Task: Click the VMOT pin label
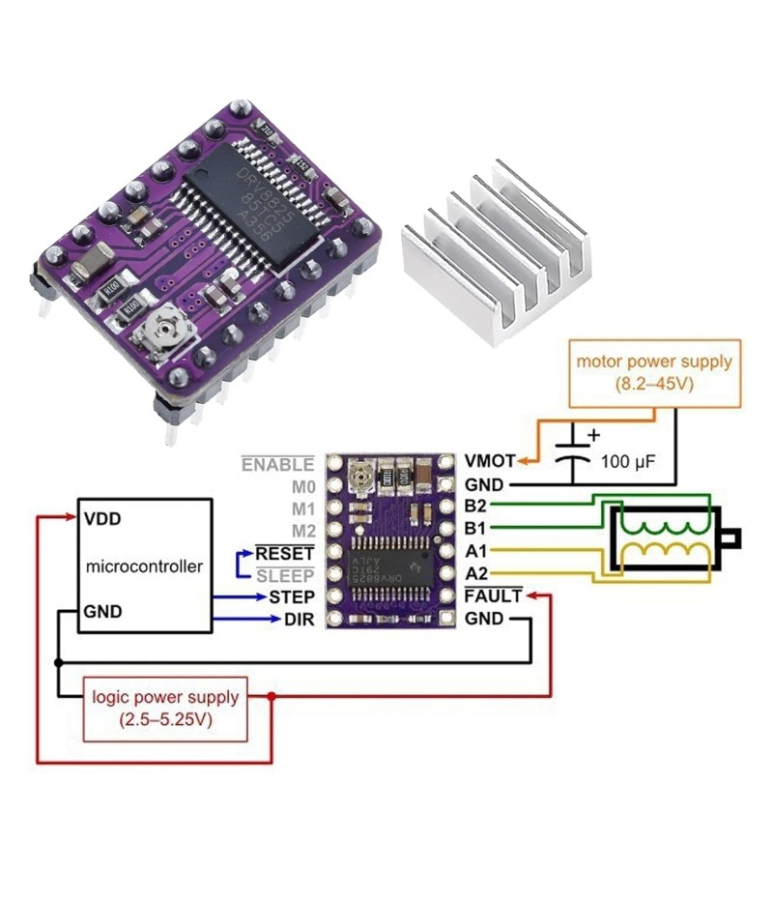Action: (489, 461)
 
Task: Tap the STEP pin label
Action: (292, 596)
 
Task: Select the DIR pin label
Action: (299, 619)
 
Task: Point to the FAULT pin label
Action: (493, 596)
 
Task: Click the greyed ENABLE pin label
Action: (277, 465)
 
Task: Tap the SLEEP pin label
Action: (285, 575)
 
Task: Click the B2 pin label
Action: (476, 506)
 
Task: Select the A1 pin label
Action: (476, 551)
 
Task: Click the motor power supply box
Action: (654, 371)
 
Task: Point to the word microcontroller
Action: (145, 566)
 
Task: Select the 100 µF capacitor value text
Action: (628, 462)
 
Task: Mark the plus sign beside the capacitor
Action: (593, 436)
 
